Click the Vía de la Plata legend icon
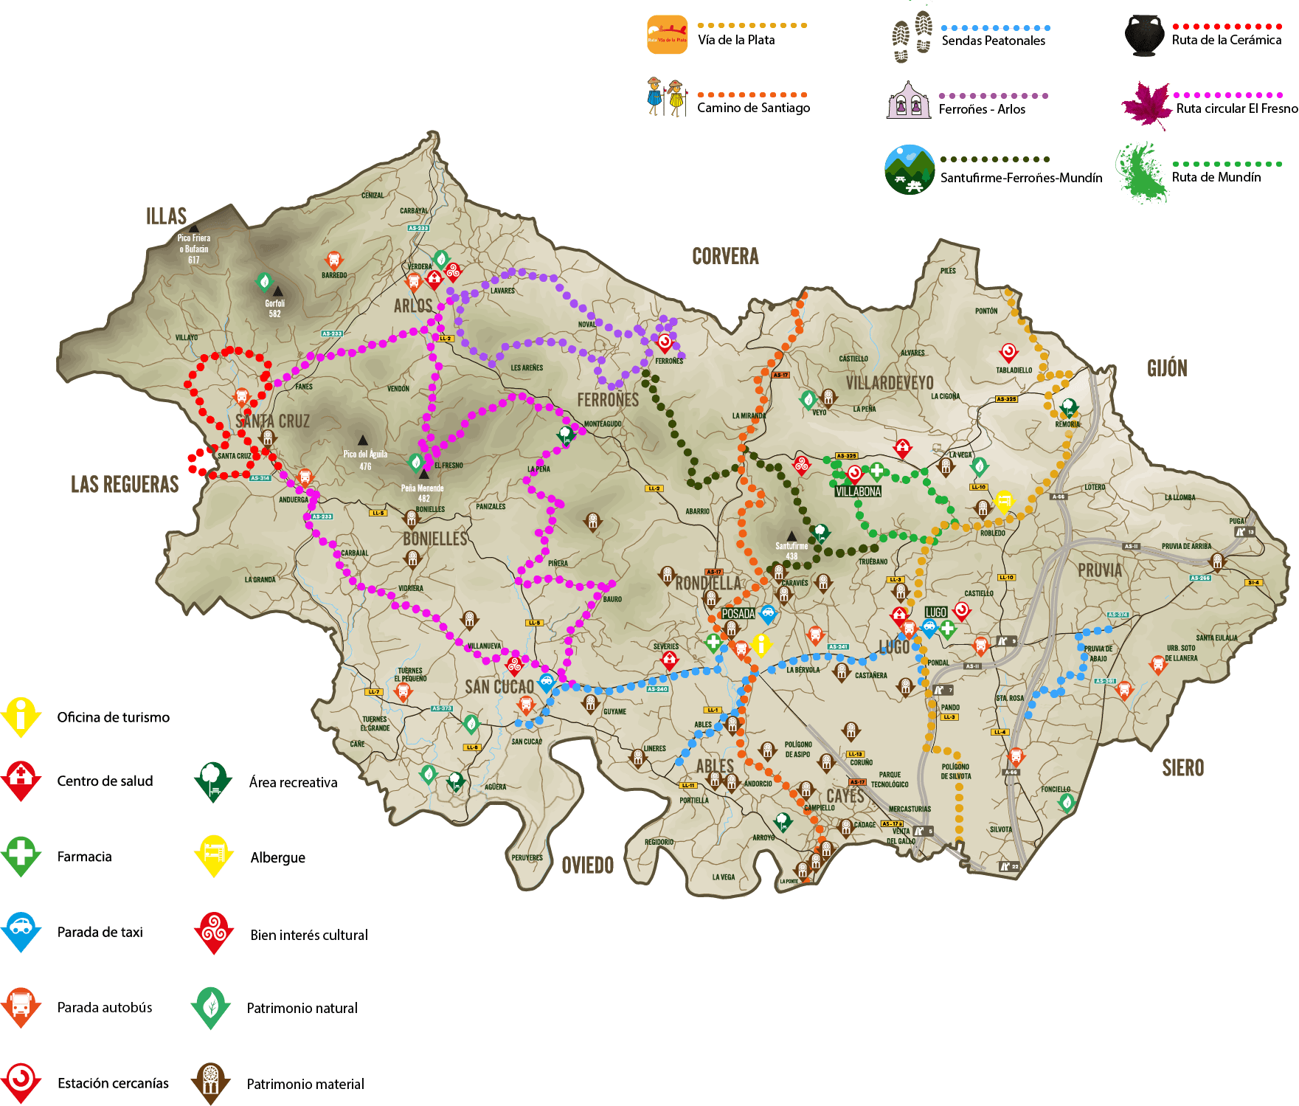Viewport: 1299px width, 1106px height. point(668,35)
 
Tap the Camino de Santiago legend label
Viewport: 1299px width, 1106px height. point(753,108)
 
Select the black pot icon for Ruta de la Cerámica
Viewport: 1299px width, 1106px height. point(1144,36)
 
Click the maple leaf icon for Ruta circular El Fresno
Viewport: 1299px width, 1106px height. point(1147,104)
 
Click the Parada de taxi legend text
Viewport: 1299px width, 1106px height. point(100,932)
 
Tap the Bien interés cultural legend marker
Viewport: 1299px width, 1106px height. point(214,933)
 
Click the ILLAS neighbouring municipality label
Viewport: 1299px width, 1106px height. point(166,216)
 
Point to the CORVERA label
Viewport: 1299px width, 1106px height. point(725,257)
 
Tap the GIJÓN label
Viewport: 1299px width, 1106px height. point(1167,368)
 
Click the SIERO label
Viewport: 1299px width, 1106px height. point(1183,768)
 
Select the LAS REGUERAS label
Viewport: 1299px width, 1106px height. point(125,484)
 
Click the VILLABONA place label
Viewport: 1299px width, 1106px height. point(858,491)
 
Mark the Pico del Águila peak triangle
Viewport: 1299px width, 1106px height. point(362,440)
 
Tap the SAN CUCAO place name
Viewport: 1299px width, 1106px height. point(499,687)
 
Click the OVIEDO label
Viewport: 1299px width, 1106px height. point(587,865)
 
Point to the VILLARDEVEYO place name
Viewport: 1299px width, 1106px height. point(890,383)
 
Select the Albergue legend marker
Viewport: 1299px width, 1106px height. point(213,855)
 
